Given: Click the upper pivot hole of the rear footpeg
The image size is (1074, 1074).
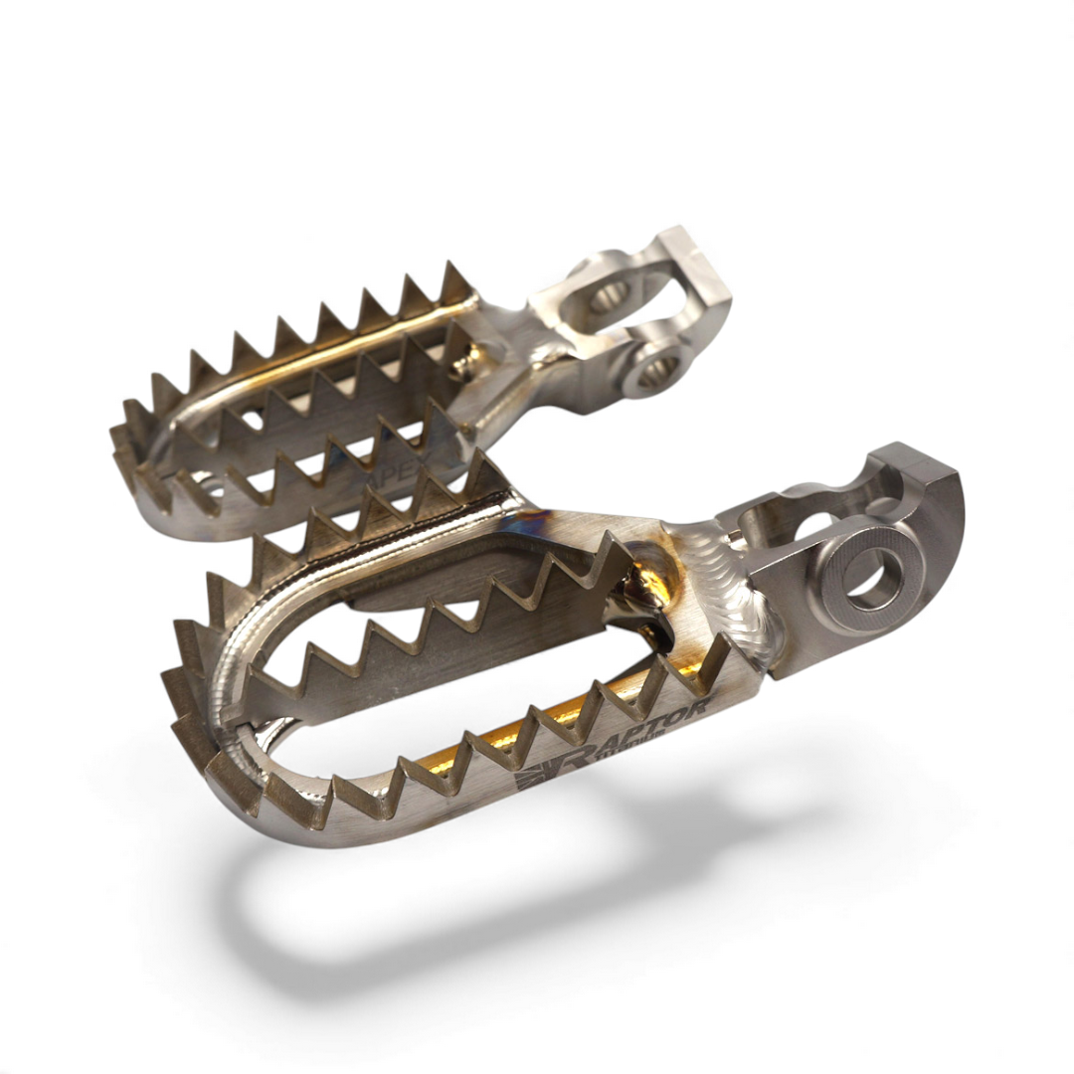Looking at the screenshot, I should click(x=609, y=293).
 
